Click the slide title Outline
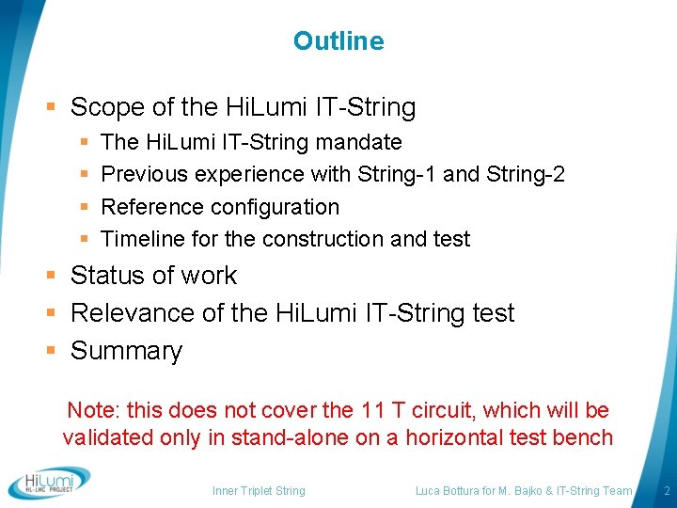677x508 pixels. (x=338, y=41)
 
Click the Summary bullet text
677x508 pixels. (x=126, y=351)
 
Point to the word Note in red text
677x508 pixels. (x=91, y=410)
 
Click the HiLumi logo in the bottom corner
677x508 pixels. (x=49, y=483)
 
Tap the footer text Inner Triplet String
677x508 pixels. (x=259, y=490)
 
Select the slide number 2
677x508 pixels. (x=666, y=490)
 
